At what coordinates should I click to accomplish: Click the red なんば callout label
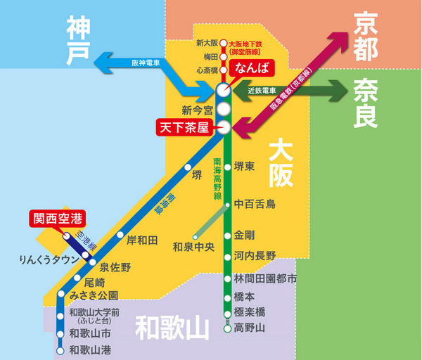tap(251, 68)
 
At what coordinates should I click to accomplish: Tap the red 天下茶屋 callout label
tap(184, 127)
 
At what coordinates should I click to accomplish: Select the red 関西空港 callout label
tap(58, 219)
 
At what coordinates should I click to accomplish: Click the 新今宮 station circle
tap(224, 109)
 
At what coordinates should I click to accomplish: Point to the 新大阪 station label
tap(207, 43)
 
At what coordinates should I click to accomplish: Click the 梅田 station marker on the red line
tap(223, 57)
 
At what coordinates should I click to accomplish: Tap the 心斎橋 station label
tap(207, 70)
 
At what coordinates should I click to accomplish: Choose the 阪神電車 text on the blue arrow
tap(146, 63)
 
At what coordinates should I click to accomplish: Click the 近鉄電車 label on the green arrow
tap(262, 91)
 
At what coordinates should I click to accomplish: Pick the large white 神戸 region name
tap(78, 40)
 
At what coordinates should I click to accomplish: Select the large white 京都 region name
tap(366, 37)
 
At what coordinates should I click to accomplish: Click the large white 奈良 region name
tap(366, 103)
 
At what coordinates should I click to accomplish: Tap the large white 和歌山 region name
tap(172, 328)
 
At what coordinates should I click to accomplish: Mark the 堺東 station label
tap(244, 166)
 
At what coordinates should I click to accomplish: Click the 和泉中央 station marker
tap(196, 238)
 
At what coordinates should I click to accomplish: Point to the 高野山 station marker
tap(228, 328)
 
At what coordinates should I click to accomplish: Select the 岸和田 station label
tap(142, 240)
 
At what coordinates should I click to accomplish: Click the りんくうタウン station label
tap(49, 259)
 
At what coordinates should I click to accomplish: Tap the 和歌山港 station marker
tap(60, 351)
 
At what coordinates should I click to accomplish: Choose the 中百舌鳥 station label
tap(255, 204)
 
